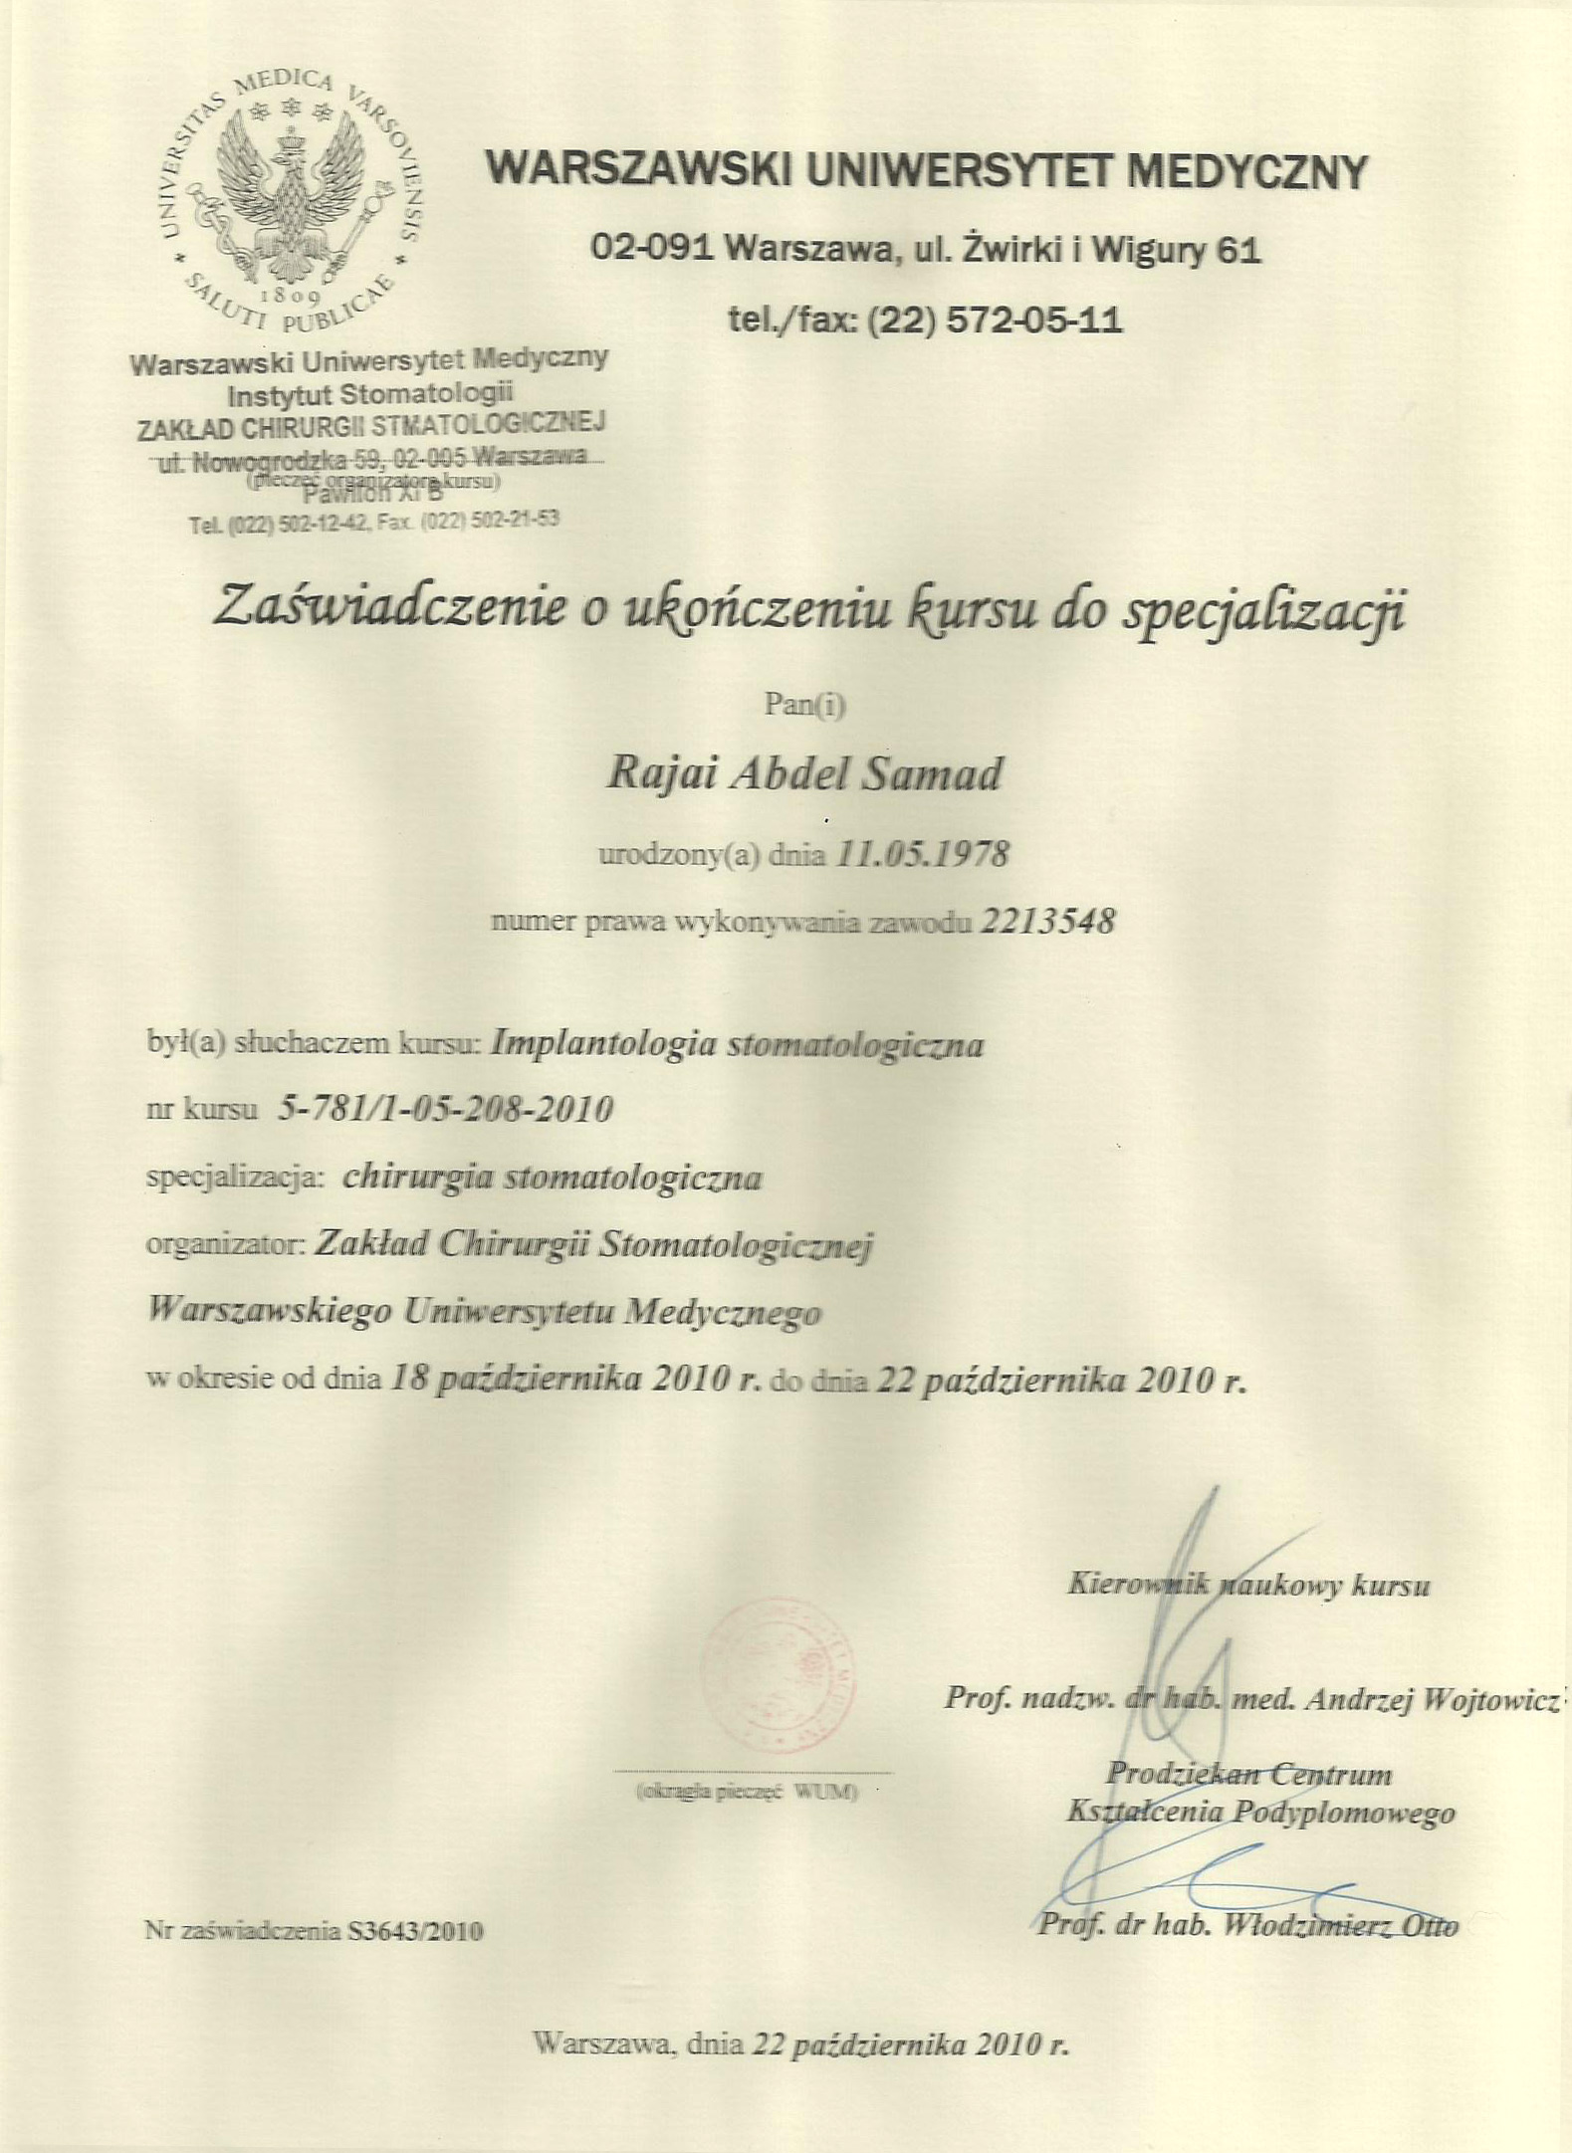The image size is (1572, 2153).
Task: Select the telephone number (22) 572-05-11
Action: (996, 320)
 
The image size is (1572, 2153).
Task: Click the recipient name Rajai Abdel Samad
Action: (803, 773)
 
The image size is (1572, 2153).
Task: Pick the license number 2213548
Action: (1047, 921)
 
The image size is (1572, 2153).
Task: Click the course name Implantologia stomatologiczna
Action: (738, 1044)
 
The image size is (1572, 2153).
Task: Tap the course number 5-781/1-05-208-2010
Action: (447, 1108)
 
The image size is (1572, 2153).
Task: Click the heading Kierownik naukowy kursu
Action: (1248, 1585)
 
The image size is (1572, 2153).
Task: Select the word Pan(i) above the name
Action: (803, 705)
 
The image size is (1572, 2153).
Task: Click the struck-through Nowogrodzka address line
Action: (373, 459)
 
